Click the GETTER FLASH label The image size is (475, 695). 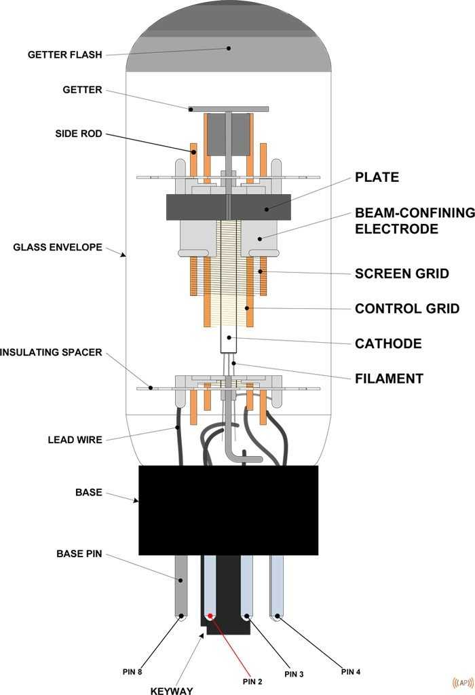(x=64, y=54)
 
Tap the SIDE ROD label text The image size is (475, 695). (x=78, y=134)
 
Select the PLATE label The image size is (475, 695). (x=377, y=177)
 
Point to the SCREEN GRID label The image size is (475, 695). (x=402, y=274)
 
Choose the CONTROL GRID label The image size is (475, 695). (x=407, y=309)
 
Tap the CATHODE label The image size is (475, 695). (x=388, y=343)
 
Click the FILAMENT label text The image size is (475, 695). (x=389, y=379)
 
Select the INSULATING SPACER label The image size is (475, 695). (x=51, y=352)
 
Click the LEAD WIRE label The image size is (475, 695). (x=75, y=440)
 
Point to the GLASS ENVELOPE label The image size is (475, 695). (x=58, y=247)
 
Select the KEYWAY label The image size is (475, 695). (x=172, y=691)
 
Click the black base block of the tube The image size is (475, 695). (x=228, y=510)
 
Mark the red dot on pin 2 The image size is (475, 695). (x=210, y=616)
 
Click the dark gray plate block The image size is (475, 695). (x=228, y=207)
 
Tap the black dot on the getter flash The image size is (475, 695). (x=229, y=48)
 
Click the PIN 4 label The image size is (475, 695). (x=350, y=672)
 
